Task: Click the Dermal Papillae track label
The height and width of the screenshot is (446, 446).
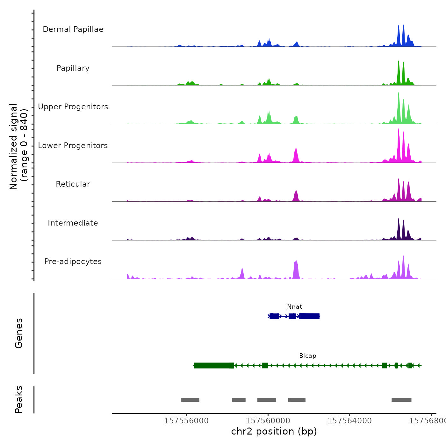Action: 73,29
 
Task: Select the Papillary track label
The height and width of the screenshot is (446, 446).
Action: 73,68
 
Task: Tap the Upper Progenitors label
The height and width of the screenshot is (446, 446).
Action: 73,107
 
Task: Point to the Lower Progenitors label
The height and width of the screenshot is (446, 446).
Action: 73,146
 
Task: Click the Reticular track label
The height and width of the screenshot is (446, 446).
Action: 73,184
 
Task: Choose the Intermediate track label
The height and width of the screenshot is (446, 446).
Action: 73,223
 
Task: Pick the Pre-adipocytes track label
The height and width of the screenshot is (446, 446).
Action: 73,262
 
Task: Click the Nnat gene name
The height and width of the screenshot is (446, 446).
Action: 295,307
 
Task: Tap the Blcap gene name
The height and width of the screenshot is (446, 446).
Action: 308,356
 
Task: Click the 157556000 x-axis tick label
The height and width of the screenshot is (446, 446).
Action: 186,421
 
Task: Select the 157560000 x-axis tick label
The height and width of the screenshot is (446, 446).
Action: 268,421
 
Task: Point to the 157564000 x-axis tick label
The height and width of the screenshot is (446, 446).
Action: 349,421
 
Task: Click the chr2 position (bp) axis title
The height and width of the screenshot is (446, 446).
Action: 274,431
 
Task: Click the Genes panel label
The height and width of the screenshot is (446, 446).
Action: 19,333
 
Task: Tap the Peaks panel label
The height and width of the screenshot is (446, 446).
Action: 19,399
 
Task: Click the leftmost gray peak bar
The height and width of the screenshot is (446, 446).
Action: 190,400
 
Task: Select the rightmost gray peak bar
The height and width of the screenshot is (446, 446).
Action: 401,400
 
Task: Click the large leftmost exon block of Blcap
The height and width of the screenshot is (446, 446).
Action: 213,365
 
